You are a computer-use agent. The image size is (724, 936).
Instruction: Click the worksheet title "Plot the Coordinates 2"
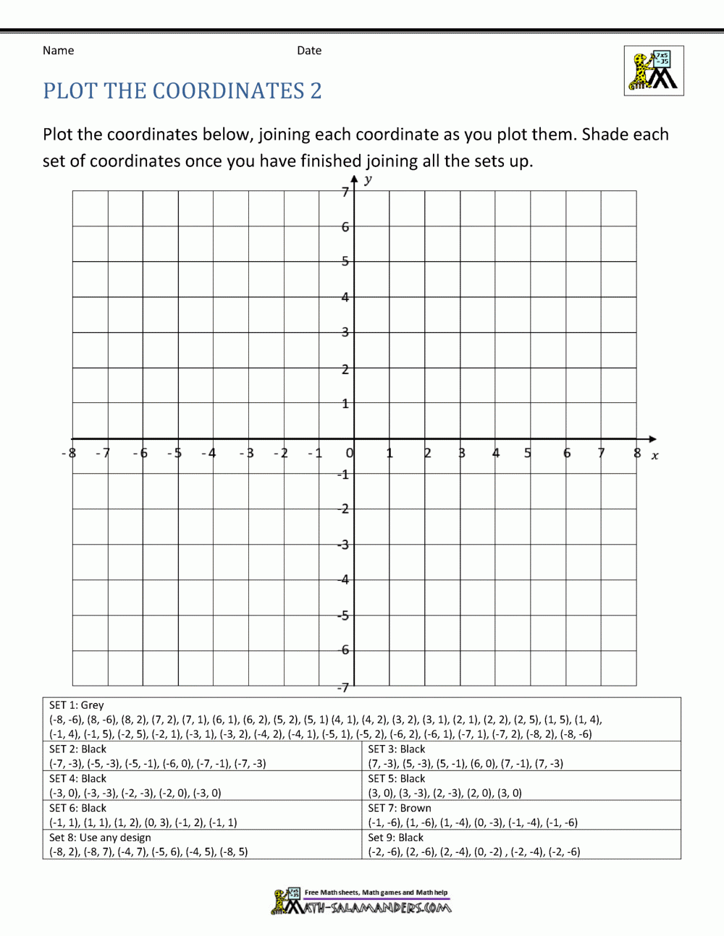click(x=182, y=91)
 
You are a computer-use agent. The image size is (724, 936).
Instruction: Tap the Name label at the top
click(x=58, y=51)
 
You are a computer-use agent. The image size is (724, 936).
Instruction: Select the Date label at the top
click(x=309, y=51)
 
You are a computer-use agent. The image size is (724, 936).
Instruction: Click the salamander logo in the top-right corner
click(x=654, y=71)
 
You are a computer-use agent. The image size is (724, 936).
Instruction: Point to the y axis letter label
click(x=369, y=179)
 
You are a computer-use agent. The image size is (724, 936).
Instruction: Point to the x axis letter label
click(x=654, y=456)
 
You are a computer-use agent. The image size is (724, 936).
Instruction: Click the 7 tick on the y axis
click(x=345, y=192)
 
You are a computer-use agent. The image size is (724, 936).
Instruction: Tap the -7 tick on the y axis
click(x=345, y=687)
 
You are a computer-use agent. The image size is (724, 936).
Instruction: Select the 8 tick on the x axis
click(x=637, y=454)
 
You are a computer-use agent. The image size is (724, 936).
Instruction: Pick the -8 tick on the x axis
click(x=69, y=454)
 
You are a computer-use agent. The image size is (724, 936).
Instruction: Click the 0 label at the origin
click(x=350, y=454)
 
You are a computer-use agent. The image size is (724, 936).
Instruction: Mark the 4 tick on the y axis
click(x=345, y=297)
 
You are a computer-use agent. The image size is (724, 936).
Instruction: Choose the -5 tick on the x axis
click(x=174, y=454)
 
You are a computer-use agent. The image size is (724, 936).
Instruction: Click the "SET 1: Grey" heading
click(x=77, y=705)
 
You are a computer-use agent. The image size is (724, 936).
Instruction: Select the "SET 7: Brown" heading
click(x=400, y=808)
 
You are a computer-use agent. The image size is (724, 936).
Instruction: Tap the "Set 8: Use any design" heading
click(x=100, y=838)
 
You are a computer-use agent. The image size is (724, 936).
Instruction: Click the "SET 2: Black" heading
click(x=77, y=749)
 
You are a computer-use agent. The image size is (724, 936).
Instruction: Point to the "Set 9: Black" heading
click(x=396, y=838)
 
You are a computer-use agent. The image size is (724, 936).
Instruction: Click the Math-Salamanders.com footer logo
click(x=361, y=903)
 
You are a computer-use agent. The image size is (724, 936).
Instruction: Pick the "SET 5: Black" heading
click(x=397, y=779)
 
